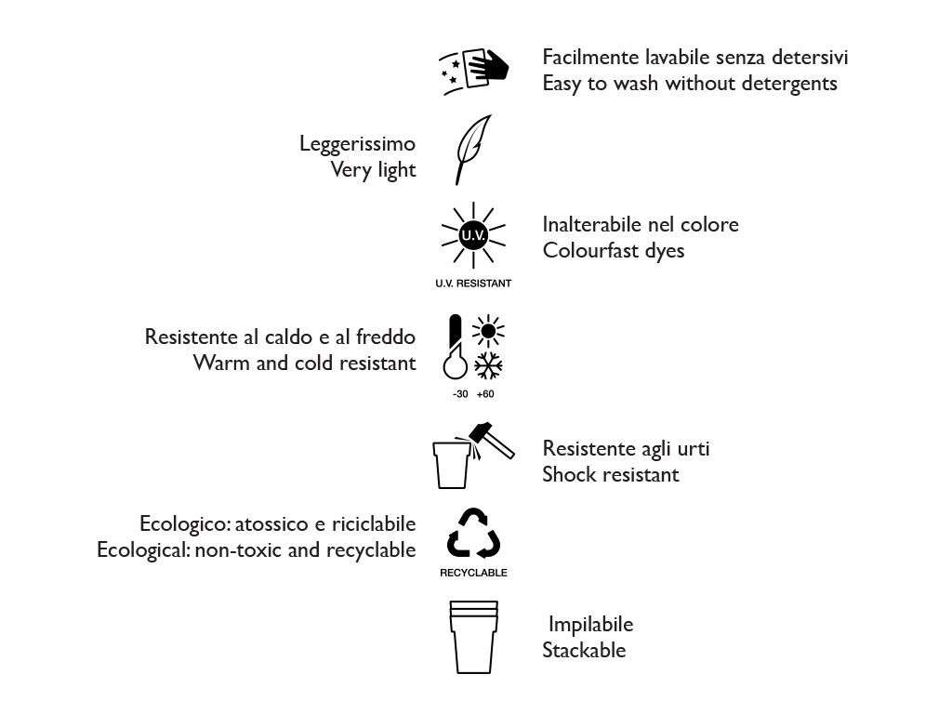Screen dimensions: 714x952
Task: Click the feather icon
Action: (472, 149)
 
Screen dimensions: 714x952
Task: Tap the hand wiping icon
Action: (475, 68)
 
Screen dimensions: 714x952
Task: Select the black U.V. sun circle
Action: (473, 236)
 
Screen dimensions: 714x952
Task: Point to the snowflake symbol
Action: (489, 365)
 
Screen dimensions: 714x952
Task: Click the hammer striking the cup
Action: (492, 438)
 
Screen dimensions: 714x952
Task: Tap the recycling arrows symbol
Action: (473, 534)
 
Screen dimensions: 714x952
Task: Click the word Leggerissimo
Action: (357, 144)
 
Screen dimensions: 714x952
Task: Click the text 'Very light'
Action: (374, 170)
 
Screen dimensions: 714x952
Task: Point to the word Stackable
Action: (584, 650)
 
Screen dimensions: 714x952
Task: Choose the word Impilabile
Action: (591, 624)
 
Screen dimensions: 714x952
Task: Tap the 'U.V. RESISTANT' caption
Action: (473, 284)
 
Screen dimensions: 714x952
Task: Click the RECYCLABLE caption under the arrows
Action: (473, 573)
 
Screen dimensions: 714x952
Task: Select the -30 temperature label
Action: (459, 394)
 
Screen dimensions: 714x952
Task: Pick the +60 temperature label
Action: (485, 394)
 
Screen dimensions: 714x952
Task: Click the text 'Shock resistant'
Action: (611, 474)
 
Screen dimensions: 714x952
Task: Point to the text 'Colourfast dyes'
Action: (614, 250)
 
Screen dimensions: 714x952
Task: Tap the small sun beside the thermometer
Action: (488, 331)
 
